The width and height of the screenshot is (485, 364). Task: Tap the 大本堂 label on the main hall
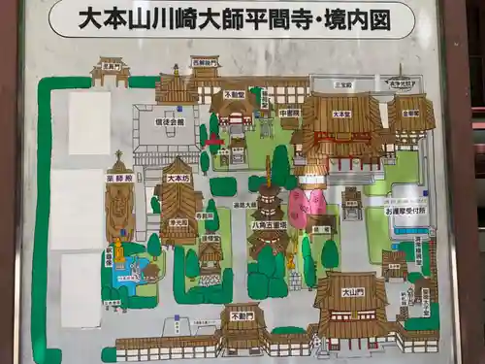pos(340,114)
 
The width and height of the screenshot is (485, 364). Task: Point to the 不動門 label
pos(242,315)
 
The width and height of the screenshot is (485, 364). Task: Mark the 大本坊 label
pos(178,179)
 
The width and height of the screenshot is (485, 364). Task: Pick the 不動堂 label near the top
pos(234,94)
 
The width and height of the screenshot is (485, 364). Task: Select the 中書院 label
pos(288,113)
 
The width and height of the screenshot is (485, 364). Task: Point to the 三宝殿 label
pos(341,84)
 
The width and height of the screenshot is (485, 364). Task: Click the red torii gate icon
pos(214,141)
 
